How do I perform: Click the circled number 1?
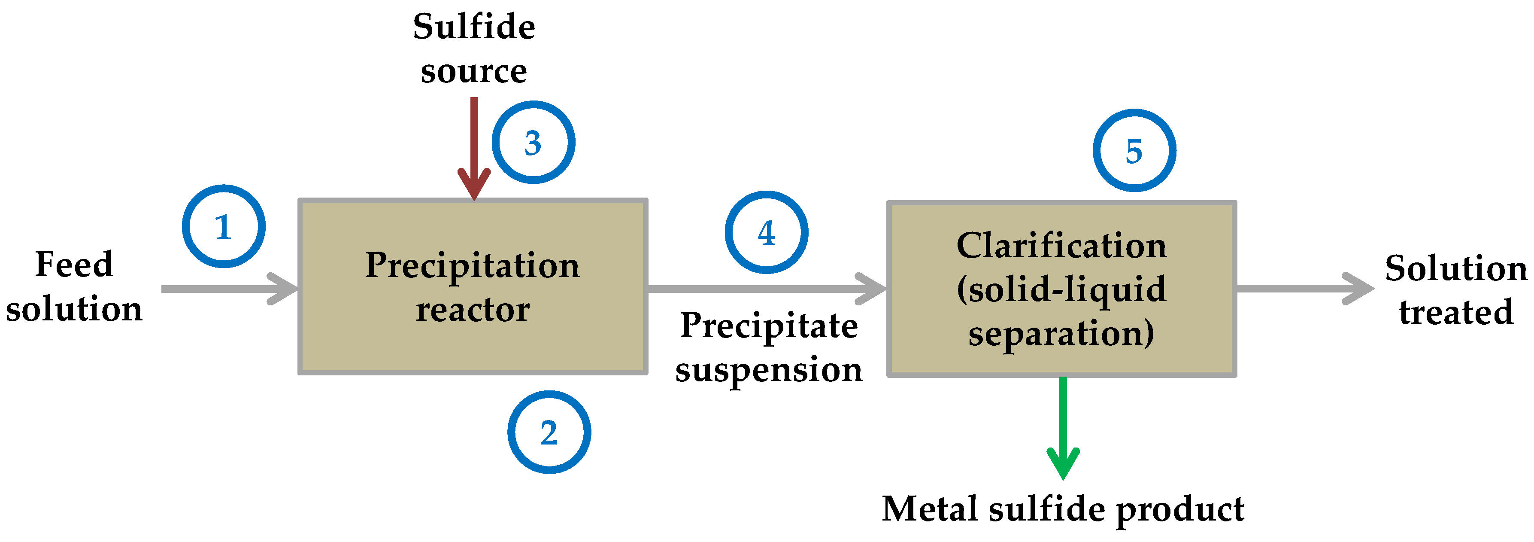coord(223,226)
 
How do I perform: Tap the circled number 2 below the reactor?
coord(549,432)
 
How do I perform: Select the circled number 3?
coord(533,143)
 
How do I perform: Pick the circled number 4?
coord(767,232)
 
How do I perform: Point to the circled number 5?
coord(1134,151)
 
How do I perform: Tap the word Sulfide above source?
coord(474,27)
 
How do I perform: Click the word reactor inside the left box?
coord(473,310)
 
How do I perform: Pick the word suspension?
coord(769,371)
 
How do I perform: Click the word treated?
coord(1456,312)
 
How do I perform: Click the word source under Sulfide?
coord(474,71)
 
